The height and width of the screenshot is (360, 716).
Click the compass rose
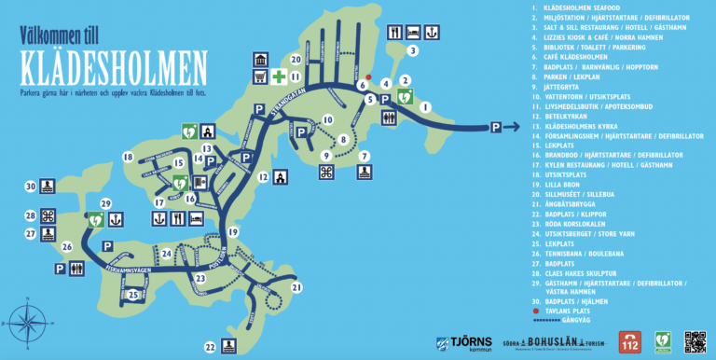27,321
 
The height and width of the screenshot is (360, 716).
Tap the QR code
695,341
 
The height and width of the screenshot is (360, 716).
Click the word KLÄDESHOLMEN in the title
116,66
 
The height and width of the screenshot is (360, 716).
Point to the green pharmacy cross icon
278,76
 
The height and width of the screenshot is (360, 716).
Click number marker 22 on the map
211,347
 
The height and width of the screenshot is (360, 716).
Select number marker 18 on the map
128,158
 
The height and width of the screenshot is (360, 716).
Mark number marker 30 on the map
30,187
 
